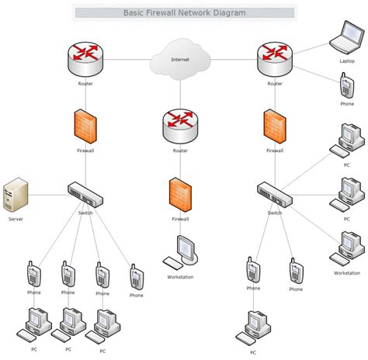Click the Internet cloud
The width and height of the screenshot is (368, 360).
pyautogui.click(x=180, y=59)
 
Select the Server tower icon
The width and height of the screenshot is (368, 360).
pyautogui.click(x=16, y=195)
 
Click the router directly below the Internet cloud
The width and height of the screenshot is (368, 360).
pyautogui.click(x=180, y=126)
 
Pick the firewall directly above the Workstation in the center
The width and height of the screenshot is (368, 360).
pyautogui.click(x=180, y=195)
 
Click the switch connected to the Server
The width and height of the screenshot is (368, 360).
pyautogui.click(x=85, y=195)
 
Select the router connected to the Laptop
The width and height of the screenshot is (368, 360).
pyautogui.click(x=275, y=60)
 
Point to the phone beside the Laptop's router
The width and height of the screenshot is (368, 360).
pyautogui.click(x=347, y=85)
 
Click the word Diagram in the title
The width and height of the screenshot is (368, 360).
pyautogui.click(x=229, y=12)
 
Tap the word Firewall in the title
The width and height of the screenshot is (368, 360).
pyautogui.click(x=161, y=12)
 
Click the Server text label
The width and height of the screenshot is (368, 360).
pyautogui.click(x=16, y=219)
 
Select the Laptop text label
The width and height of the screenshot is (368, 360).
pyautogui.click(x=347, y=61)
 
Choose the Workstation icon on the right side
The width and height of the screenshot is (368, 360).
pyautogui.click(x=347, y=249)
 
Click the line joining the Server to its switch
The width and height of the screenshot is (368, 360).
pyautogui.click(x=48, y=195)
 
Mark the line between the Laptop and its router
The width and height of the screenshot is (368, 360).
pyautogui.click(x=311, y=49)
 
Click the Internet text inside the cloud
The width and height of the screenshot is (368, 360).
pyautogui.click(x=180, y=60)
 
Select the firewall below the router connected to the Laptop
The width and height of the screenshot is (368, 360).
pyautogui.click(x=275, y=126)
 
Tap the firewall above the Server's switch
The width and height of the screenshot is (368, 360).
pyautogui.click(x=85, y=126)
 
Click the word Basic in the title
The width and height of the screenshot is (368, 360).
pyautogui.click(x=134, y=12)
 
